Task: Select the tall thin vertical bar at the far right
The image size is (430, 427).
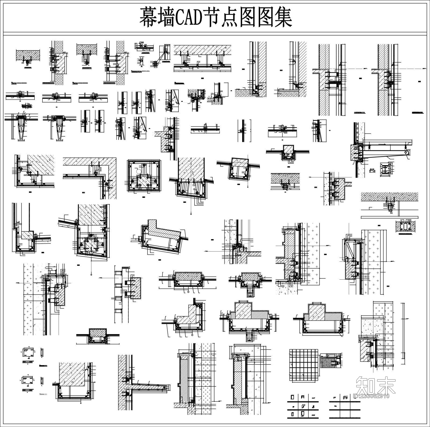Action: coord(403,330)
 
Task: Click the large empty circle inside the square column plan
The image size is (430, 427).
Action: coord(138,171)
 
